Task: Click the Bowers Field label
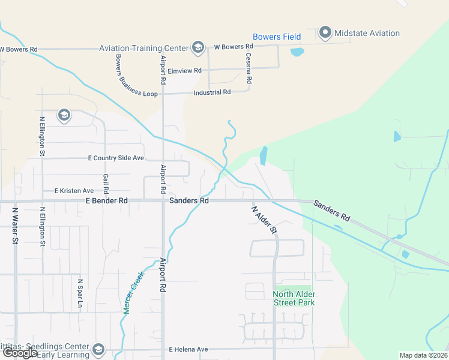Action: [277, 37]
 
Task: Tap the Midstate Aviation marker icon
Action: [325, 32]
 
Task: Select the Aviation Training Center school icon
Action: [197, 47]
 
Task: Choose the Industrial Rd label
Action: [212, 92]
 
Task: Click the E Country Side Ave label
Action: [116, 158]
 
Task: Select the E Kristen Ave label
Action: [74, 191]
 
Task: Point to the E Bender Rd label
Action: [107, 200]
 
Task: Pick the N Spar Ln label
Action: [80, 292]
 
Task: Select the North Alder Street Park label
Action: [294, 298]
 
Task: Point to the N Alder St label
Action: [264, 219]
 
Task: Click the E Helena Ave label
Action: [188, 349]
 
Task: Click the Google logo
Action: [21, 353]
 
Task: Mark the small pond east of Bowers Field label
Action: [297, 52]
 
